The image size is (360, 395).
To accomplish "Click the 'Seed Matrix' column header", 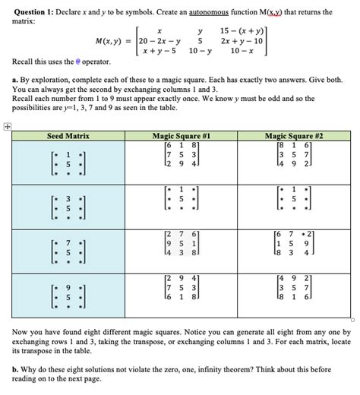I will click(68, 136).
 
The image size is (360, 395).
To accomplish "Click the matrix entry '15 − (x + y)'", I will click(238, 30).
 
